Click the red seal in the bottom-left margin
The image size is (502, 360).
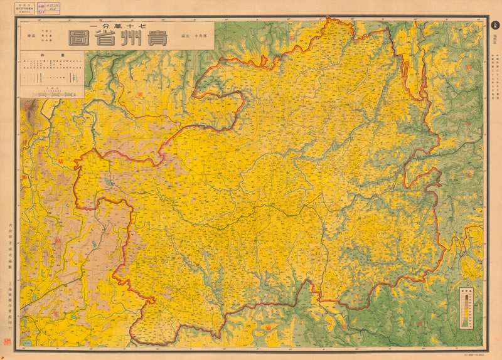click(x=8, y=342)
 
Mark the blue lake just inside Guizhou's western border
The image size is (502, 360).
click(x=109, y=182)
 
